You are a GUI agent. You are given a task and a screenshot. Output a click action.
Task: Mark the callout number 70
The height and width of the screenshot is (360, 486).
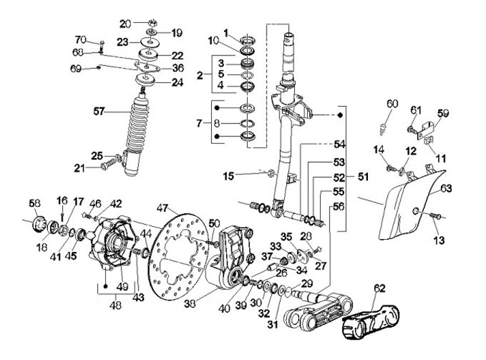click(80, 38)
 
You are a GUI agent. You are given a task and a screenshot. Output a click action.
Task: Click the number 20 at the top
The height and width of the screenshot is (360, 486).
click(124, 24)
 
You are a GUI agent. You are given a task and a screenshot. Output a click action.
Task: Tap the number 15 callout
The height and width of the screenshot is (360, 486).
click(229, 176)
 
